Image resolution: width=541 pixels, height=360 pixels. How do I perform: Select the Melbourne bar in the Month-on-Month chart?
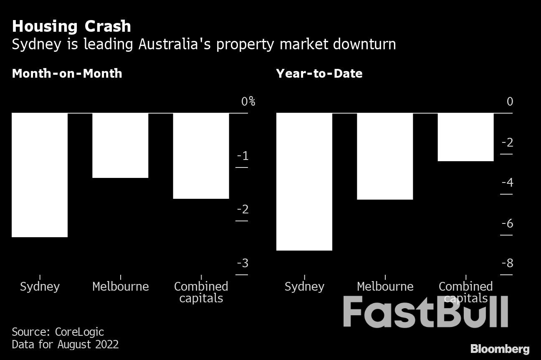120,145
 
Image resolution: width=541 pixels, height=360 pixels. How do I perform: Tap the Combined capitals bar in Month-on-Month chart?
201,156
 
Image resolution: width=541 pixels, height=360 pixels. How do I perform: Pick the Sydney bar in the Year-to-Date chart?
304,182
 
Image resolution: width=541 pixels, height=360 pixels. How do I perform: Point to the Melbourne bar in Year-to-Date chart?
385,156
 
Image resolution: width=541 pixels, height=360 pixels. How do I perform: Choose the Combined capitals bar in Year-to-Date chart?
465,137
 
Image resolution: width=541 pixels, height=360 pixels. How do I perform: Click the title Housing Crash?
71,26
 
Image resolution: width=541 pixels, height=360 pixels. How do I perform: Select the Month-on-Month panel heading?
67,74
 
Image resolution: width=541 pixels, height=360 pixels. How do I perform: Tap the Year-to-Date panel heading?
319,74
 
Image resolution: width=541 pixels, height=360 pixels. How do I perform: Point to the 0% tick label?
248,101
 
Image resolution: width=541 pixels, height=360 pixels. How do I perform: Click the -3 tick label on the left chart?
243,263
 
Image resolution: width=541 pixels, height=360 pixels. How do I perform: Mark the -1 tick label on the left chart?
243,156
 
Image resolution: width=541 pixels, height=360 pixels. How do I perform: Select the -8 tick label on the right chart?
507,263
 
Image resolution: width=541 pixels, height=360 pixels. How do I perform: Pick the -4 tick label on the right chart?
507,183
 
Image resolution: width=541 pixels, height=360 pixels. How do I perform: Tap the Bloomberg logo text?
500,349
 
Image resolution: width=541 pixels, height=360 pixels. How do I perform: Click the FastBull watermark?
425,312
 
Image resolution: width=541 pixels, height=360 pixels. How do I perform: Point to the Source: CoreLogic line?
58,332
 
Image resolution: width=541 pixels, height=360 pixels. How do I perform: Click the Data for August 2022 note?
65,345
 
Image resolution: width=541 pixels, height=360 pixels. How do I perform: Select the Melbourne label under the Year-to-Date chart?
385,286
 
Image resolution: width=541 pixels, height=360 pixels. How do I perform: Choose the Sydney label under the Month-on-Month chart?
40,286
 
